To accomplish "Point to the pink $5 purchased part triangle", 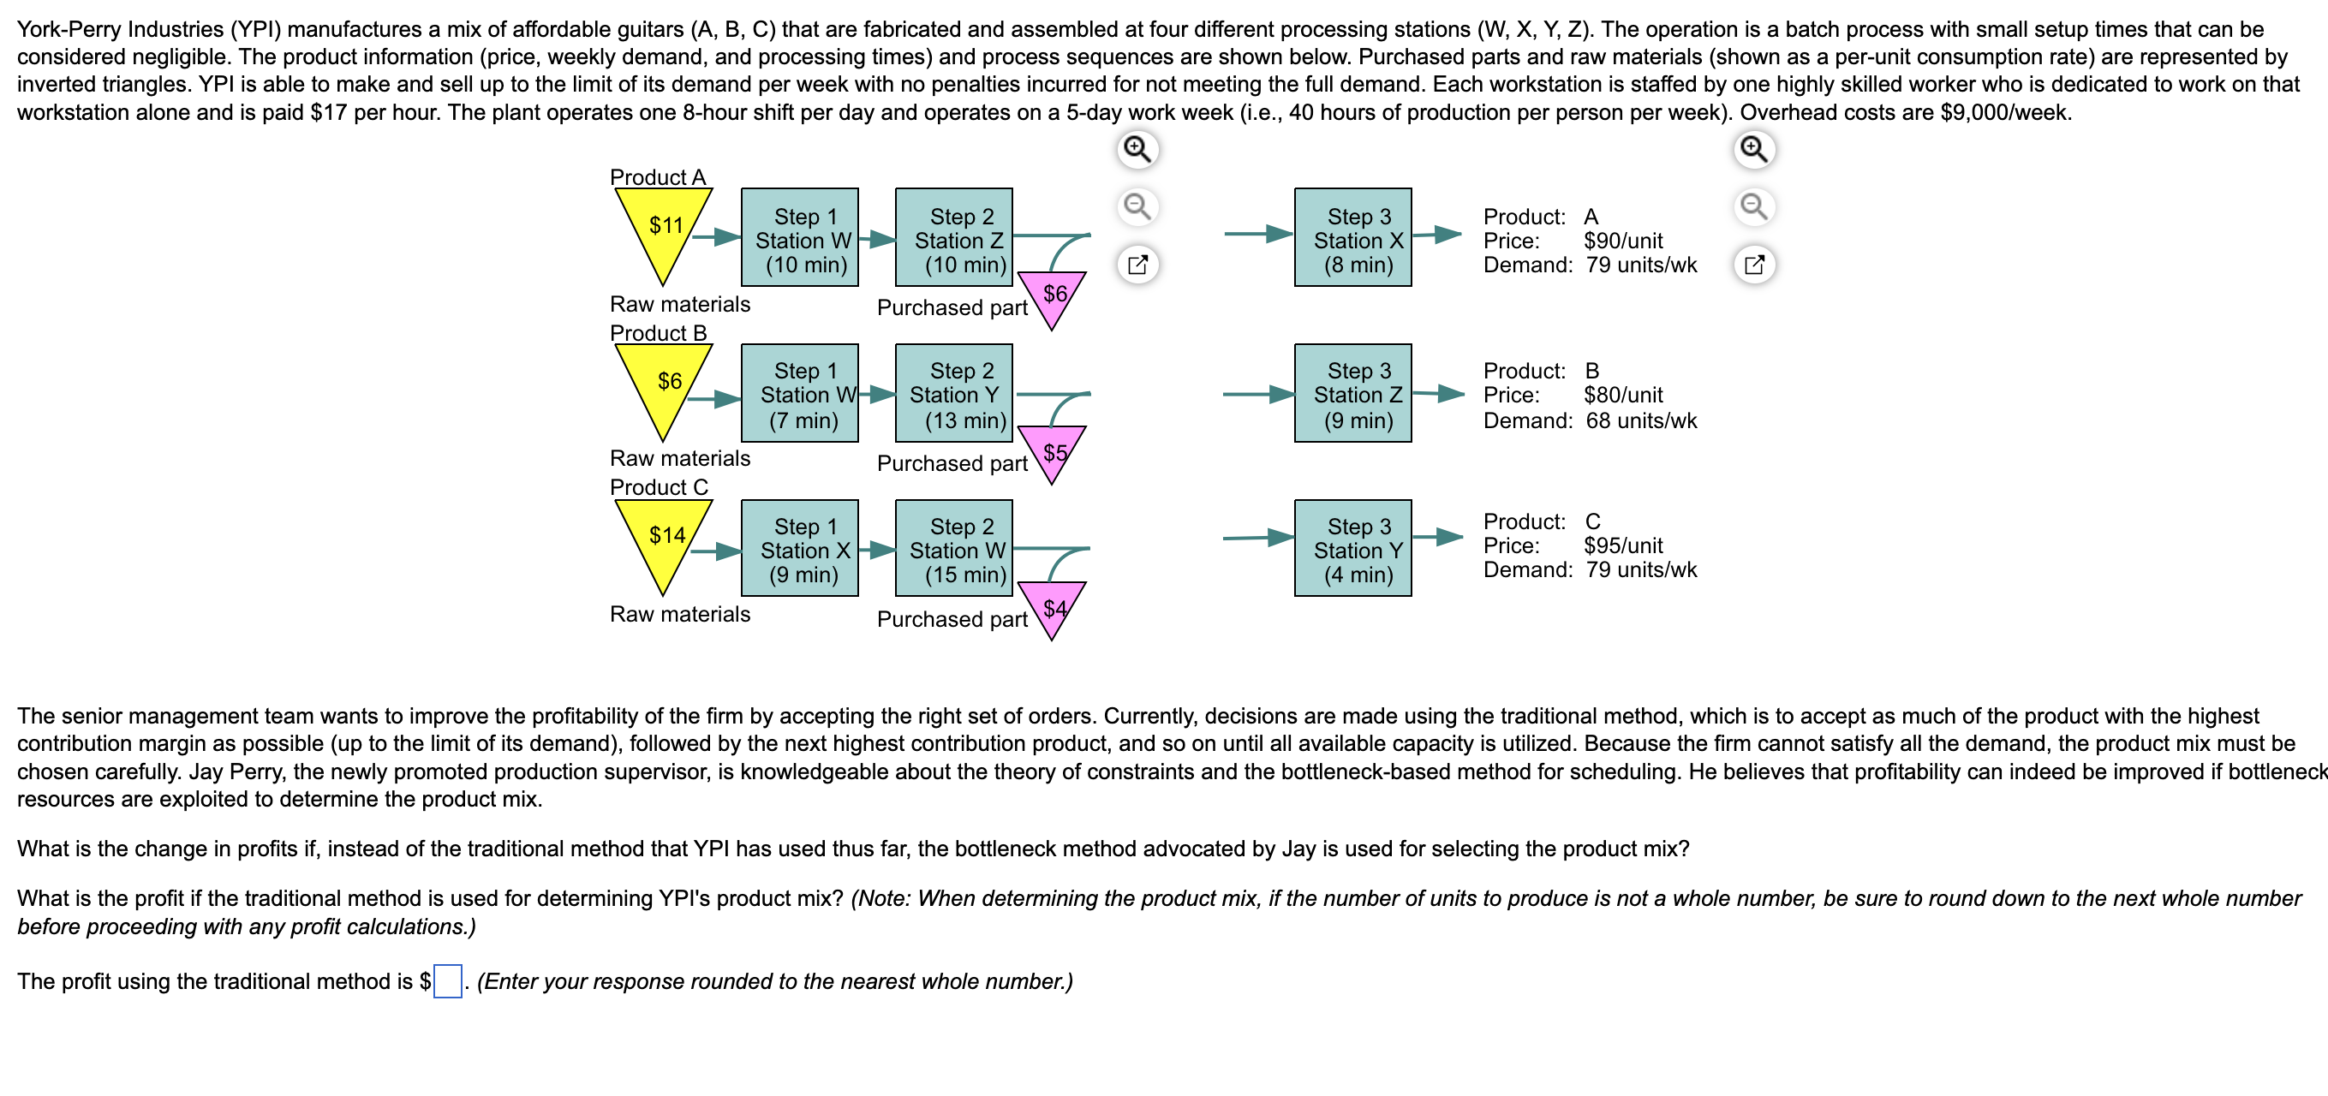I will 1052,451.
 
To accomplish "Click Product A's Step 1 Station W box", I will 800,239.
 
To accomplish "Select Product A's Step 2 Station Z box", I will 954,239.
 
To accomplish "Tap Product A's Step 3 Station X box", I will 1353,239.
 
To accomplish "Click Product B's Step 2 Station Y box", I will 954,394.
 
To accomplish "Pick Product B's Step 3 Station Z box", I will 1353,394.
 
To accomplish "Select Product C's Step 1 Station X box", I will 800,549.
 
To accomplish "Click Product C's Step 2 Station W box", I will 954,549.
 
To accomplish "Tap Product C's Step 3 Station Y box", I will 1353,549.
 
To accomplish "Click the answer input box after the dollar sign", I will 447,981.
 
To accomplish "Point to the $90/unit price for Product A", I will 1623,241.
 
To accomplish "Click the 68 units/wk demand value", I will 1641,421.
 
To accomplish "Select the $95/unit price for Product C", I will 1623,545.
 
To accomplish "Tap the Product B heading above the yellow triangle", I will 658,333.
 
